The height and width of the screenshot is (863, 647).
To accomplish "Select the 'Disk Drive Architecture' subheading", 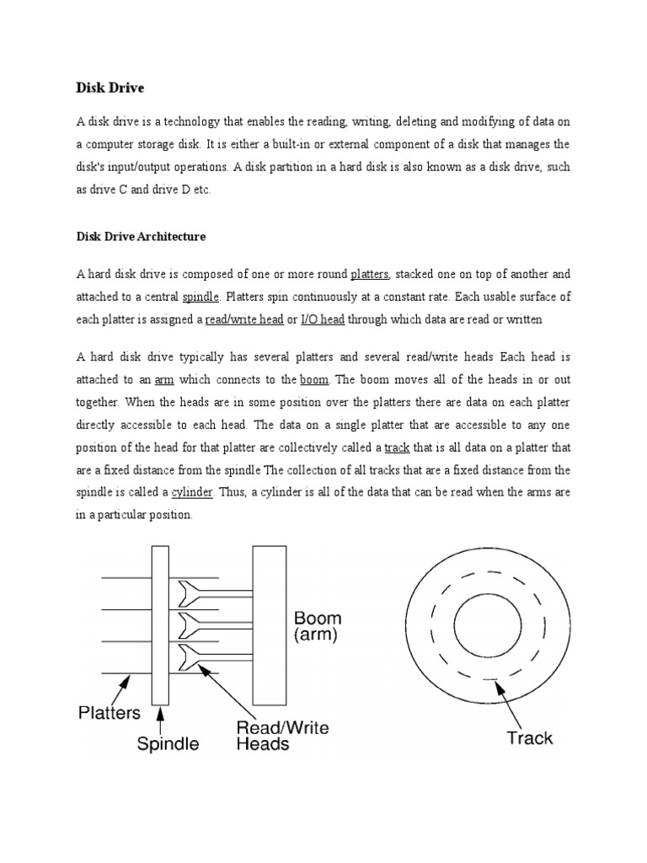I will [x=141, y=237].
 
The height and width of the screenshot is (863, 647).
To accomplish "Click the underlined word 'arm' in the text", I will [x=163, y=380].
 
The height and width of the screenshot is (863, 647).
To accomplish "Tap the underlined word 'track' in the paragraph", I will [x=398, y=447].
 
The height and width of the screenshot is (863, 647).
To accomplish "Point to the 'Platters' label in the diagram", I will [x=109, y=712].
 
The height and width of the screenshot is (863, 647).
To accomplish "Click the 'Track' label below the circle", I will [x=529, y=738].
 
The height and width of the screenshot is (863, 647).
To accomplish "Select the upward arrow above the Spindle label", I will [x=162, y=716].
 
